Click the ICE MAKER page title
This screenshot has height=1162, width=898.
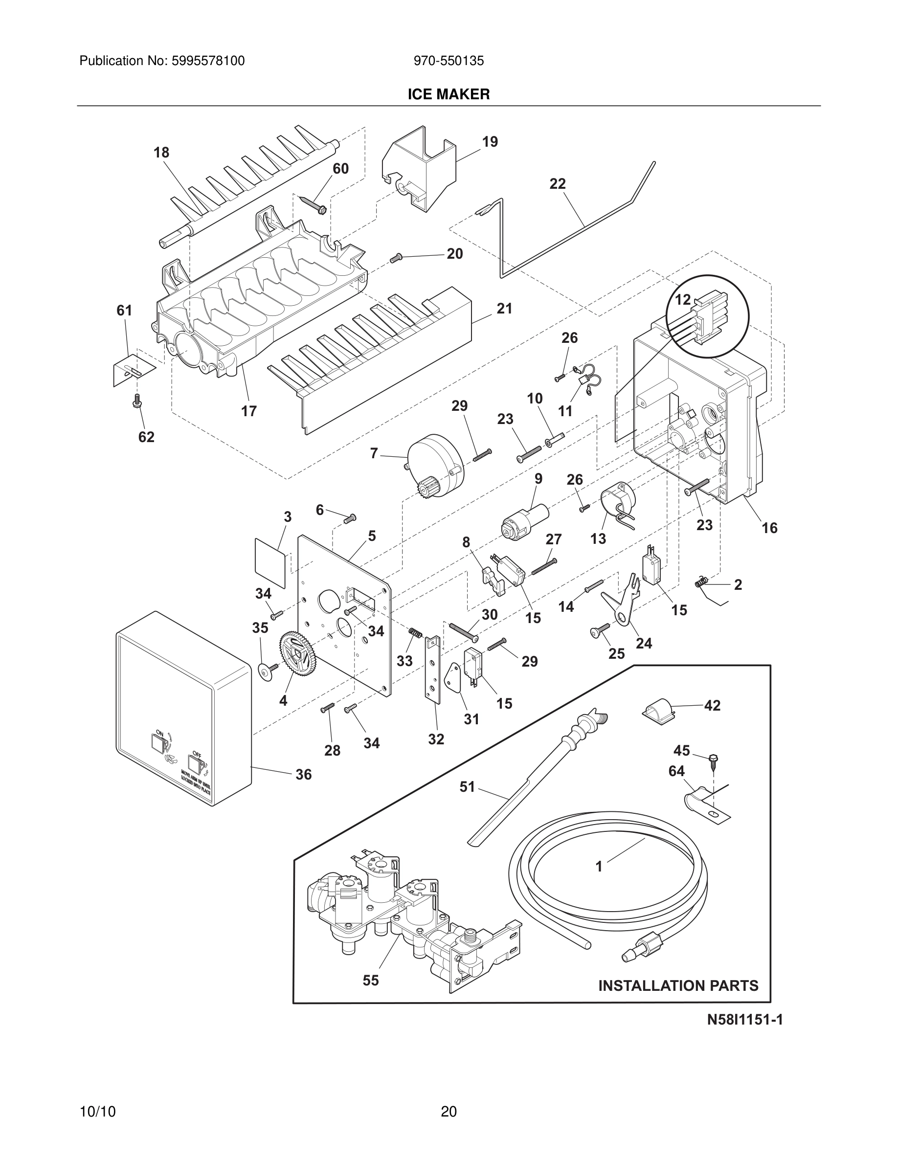click(x=449, y=94)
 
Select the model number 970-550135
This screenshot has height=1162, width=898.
click(x=449, y=61)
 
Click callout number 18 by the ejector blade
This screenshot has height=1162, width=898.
click(x=161, y=153)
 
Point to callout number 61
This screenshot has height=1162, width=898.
click(x=125, y=311)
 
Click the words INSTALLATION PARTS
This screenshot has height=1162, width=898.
click(x=678, y=986)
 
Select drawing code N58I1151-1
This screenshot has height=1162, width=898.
click(x=744, y=1020)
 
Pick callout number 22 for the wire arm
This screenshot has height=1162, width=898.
click(x=558, y=184)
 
